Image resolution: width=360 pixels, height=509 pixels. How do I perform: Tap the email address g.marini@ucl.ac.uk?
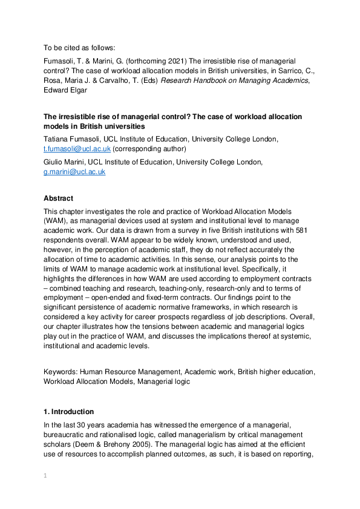[x=74, y=172]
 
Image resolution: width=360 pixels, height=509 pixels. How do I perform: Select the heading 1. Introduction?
[x=69, y=412]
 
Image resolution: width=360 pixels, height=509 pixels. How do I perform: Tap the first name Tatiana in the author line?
[x=57, y=139]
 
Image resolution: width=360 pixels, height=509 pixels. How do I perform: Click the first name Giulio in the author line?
[x=54, y=162]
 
